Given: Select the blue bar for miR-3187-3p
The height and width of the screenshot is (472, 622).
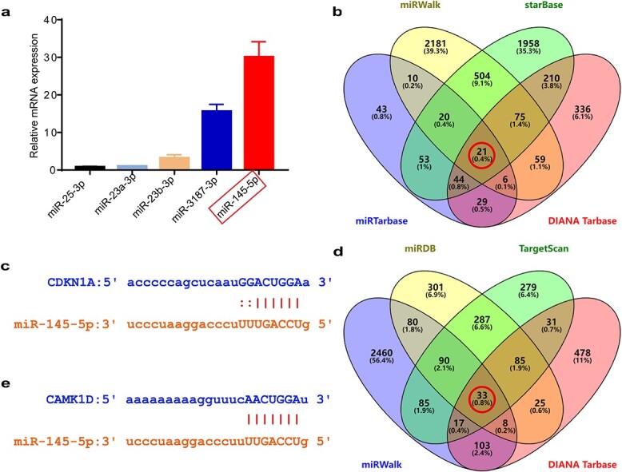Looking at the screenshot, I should (217, 140).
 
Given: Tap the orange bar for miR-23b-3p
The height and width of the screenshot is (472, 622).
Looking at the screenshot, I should (173, 163).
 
